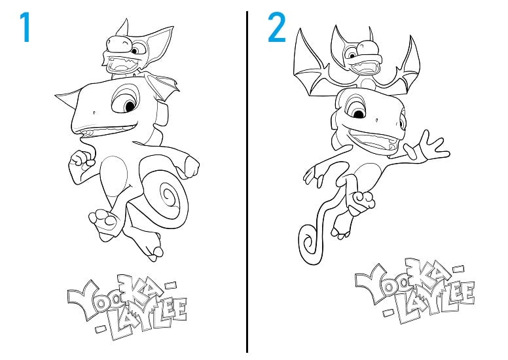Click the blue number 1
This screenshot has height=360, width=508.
tap(26, 27)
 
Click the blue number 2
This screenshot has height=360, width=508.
tap(277, 27)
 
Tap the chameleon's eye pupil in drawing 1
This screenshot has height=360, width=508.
tap(130, 105)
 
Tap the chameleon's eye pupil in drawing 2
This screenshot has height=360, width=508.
tap(359, 114)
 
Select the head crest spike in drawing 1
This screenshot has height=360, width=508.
tap(67, 98)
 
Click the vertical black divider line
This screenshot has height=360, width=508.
tap(247, 181)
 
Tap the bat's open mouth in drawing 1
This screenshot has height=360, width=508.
tap(122, 64)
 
